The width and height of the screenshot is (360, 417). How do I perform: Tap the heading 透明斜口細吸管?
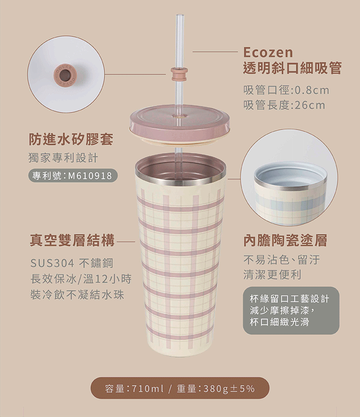(292, 68)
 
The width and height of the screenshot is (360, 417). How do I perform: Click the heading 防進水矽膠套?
(71, 139)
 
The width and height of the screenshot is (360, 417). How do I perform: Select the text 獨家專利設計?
(63, 158)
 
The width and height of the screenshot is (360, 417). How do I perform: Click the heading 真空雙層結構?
(72, 240)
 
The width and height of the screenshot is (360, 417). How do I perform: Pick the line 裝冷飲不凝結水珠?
(77, 295)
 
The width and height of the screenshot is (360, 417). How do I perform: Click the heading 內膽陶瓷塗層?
(285, 240)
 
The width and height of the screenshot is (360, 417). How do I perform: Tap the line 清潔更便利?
(272, 274)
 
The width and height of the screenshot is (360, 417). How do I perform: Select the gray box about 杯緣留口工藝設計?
(291, 310)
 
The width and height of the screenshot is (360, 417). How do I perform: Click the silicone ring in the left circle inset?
(66, 74)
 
